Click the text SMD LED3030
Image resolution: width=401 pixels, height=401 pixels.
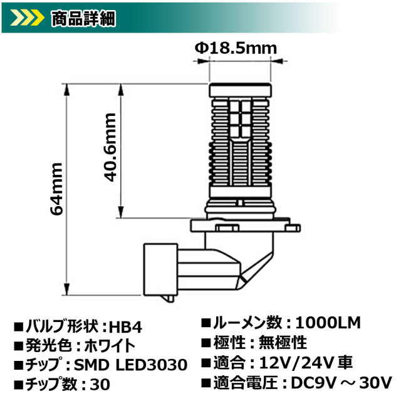coord(142,363)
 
